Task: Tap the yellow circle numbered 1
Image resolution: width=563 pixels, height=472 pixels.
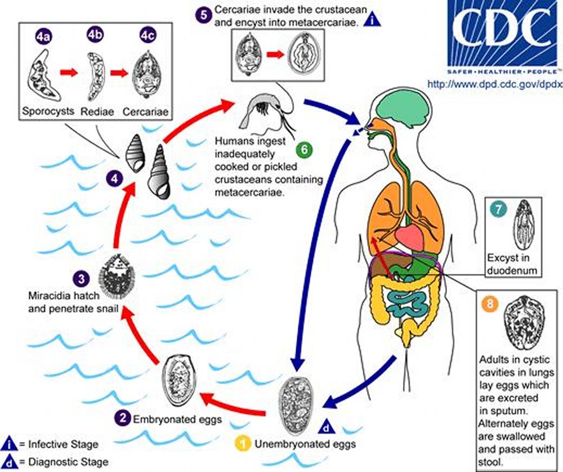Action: [243, 444]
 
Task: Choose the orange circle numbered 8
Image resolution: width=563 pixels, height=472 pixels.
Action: [490, 304]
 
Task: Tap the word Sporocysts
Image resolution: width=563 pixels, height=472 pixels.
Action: [49, 112]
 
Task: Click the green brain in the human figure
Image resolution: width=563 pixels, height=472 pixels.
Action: [398, 104]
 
